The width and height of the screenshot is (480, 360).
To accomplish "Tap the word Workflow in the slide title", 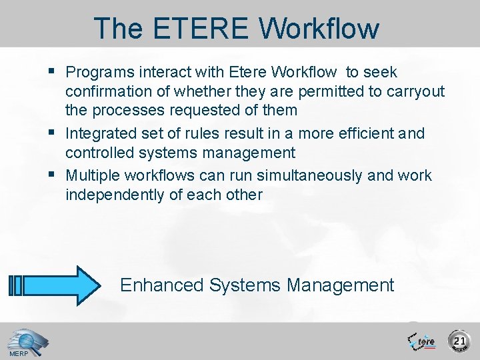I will click(x=319, y=29).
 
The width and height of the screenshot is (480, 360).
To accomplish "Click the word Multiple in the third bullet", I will click(x=93, y=175).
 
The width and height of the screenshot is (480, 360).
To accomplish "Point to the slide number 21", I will click(x=459, y=341).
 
